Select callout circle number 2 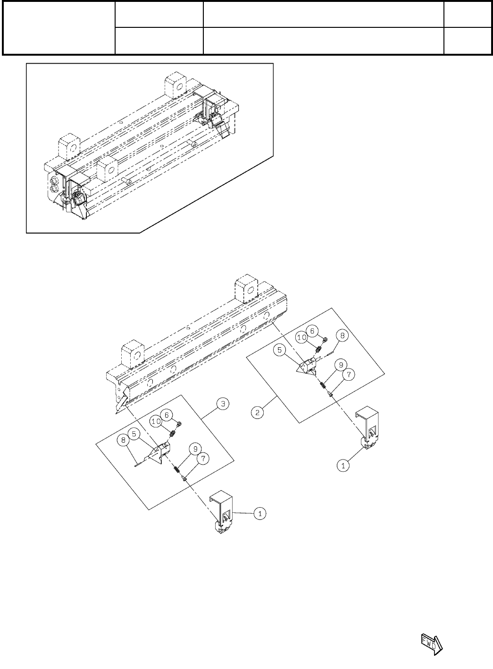(x=257, y=412)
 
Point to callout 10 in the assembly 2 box (x=302, y=337)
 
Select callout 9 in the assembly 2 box (x=340, y=364)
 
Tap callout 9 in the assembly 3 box (x=194, y=449)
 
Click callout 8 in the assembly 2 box (x=343, y=336)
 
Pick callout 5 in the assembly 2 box (x=280, y=351)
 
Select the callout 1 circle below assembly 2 (x=344, y=465)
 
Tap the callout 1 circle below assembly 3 (x=260, y=513)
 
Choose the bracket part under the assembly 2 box (x=368, y=427)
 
